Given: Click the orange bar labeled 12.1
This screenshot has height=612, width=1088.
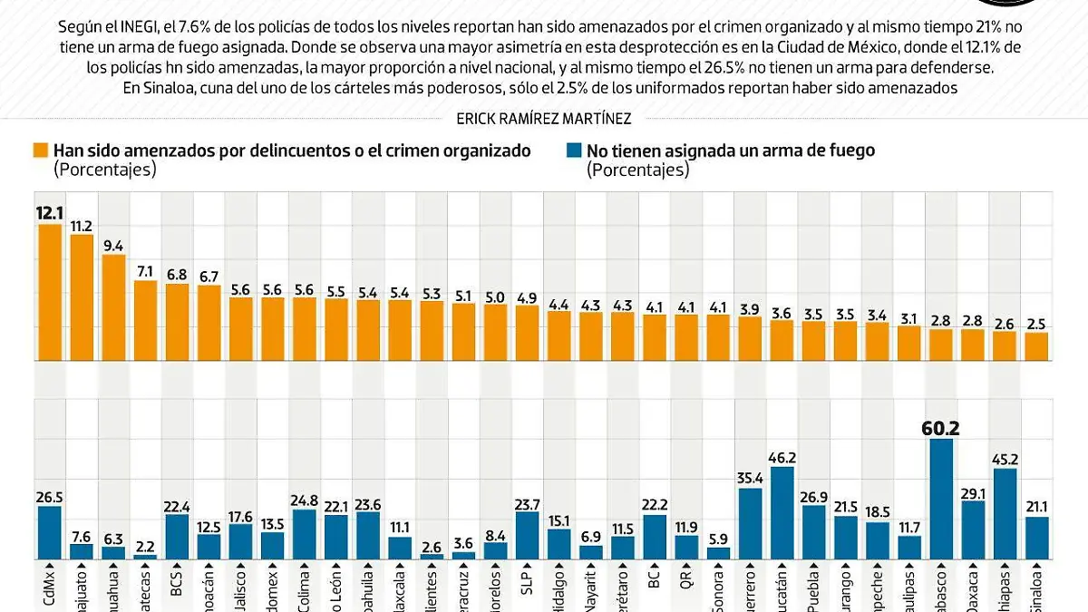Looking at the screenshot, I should pyautogui.click(x=49, y=292).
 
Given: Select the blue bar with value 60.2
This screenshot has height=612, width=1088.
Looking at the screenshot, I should pyautogui.click(x=942, y=500).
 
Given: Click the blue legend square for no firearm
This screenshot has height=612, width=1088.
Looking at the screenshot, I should pyautogui.click(x=574, y=151).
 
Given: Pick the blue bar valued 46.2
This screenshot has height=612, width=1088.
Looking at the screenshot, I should pyautogui.click(x=782, y=513).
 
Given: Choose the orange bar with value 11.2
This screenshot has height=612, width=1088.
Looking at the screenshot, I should pyautogui.click(x=82, y=296).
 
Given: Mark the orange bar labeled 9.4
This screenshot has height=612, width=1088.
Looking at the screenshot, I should pyautogui.click(x=113, y=307).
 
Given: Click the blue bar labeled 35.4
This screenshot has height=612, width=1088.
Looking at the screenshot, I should pyautogui.click(x=751, y=524).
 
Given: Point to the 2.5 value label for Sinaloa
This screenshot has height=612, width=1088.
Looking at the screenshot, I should pyautogui.click(x=1037, y=322).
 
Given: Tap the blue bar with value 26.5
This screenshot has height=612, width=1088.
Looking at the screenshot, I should pyautogui.click(x=49, y=532).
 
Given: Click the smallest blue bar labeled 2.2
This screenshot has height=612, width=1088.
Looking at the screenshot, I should pyautogui.click(x=145, y=557).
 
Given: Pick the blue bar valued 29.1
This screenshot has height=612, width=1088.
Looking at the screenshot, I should pyautogui.click(x=974, y=529).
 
